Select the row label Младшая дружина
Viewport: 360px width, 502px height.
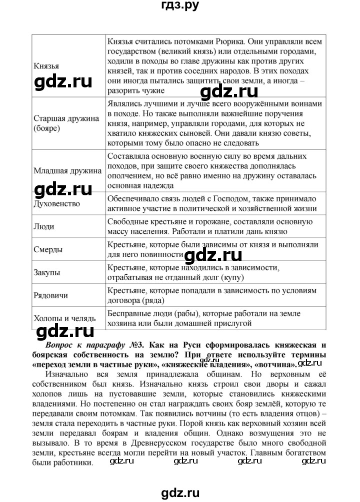point(67,170)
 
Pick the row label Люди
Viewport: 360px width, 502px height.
point(43,226)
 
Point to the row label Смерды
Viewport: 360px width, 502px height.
point(48,249)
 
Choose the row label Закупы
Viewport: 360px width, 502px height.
point(47,272)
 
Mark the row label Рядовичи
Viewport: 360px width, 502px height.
point(50,295)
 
